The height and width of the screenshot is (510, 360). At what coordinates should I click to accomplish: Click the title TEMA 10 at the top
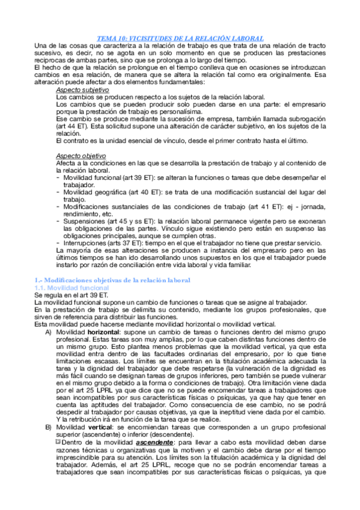180,37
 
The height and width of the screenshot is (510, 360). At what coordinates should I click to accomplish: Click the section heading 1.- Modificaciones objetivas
113,280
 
